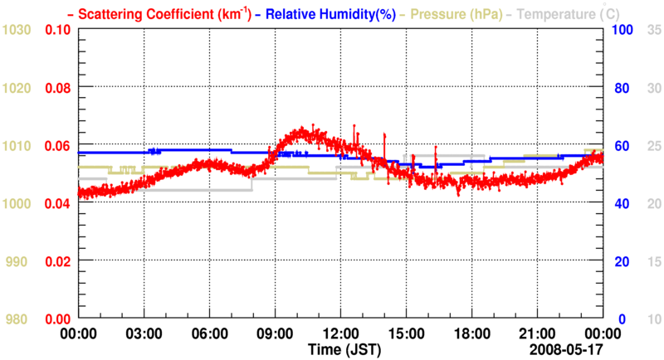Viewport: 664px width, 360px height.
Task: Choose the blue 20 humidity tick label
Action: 618,262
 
